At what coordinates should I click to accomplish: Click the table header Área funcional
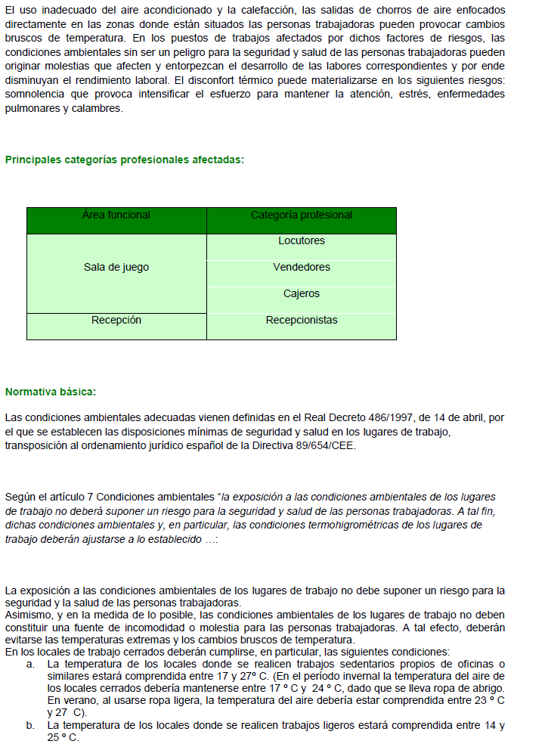(116, 215)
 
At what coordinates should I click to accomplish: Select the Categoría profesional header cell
(301, 215)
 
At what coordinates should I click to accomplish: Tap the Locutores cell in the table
(301, 241)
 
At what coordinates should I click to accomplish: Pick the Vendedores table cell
(301, 268)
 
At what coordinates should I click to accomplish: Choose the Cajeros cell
(301, 294)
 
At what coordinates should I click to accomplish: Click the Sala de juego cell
(116, 268)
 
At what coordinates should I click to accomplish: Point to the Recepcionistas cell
(301, 321)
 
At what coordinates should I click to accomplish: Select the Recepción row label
(116, 321)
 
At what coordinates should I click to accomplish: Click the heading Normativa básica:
(51, 392)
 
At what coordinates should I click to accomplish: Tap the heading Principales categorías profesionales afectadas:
(125, 160)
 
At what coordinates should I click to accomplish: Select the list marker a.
(30, 664)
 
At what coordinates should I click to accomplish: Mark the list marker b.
(30, 726)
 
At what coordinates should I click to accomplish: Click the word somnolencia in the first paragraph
(37, 95)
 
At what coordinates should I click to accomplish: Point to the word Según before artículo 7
(20, 497)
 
